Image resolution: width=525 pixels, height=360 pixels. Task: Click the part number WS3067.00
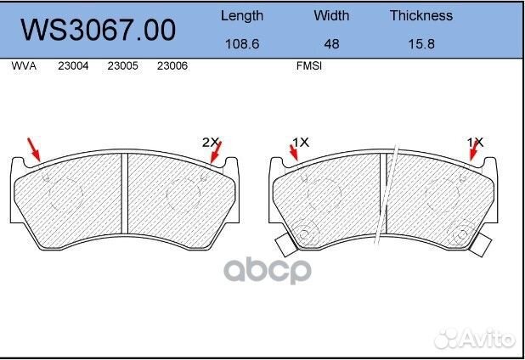tap(98, 30)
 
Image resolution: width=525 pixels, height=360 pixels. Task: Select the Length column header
tap(242, 16)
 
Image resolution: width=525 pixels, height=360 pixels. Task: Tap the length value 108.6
tap(242, 44)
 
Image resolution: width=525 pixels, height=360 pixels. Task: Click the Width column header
tap(331, 15)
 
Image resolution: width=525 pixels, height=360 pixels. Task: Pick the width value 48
tap(331, 44)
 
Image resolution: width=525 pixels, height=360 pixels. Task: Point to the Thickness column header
tap(421, 15)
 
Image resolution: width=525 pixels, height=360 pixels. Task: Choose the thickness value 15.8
tap(421, 44)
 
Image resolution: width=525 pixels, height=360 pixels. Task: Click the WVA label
tap(24, 65)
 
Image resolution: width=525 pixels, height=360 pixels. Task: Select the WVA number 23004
tap(73, 65)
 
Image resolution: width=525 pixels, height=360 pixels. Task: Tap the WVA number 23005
tap(123, 65)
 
